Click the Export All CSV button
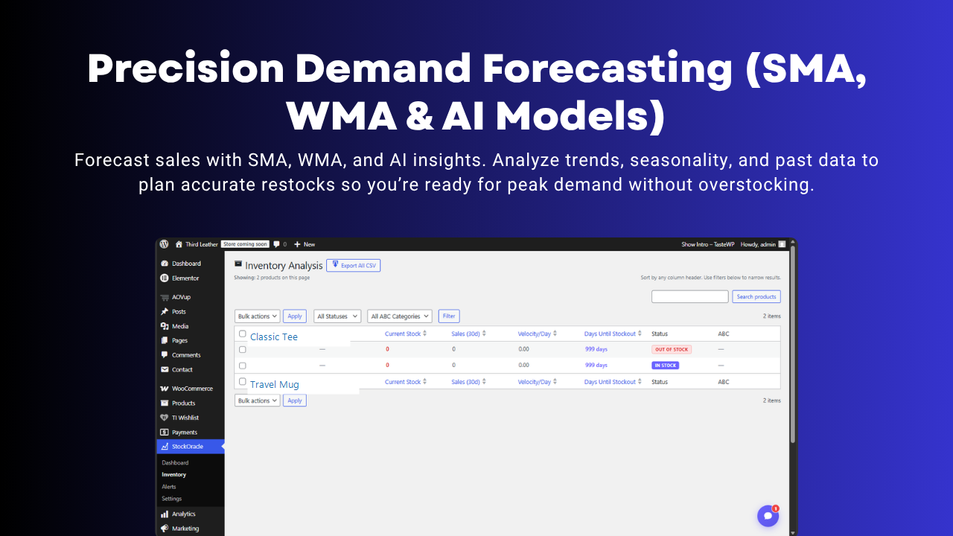click(x=353, y=265)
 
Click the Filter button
click(x=449, y=316)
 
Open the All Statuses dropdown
click(x=337, y=316)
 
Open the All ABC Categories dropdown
click(x=400, y=316)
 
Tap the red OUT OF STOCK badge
click(x=672, y=349)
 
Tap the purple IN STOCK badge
click(x=666, y=366)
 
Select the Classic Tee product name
click(x=274, y=337)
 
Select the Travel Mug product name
click(x=274, y=385)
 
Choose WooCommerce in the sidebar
click(x=192, y=389)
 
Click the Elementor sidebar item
click(x=185, y=278)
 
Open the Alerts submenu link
click(x=169, y=487)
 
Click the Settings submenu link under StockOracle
click(x=171, y=499)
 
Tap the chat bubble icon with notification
click(x=768, y=516)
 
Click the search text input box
click(x=689, y=297)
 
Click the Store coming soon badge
click(x=245, y=244)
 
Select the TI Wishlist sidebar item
click(x=185, y=418)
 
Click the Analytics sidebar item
click(x=183, y=514)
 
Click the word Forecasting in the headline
click(x=607, y=68)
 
